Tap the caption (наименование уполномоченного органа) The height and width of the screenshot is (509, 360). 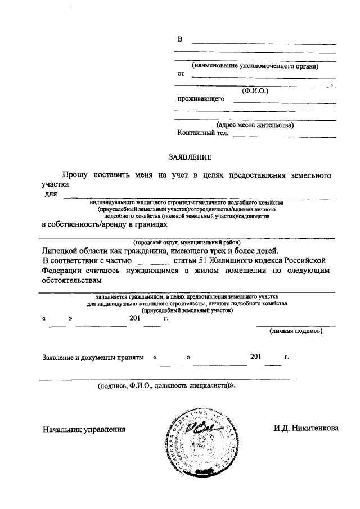tap(255, 66)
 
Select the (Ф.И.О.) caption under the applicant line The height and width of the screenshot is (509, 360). tap(255, 90)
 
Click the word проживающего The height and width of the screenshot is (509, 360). tap(201, 99)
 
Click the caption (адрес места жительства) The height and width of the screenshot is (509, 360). tap(255, 125)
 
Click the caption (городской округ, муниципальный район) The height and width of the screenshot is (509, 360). tap(187, 242)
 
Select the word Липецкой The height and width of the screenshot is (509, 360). tap(64, 251)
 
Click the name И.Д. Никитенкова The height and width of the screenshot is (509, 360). tap(306, 428)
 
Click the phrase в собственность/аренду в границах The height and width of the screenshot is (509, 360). tap(105, 224)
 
